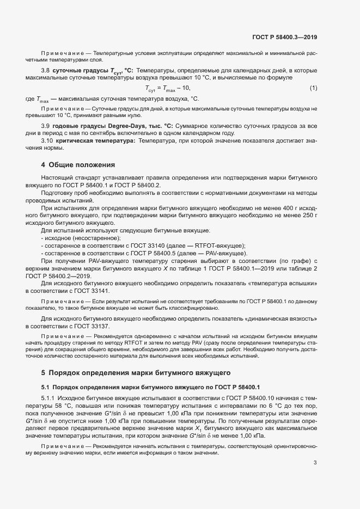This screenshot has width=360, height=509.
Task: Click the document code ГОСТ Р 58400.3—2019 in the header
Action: point(285,38)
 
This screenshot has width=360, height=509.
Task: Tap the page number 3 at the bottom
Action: point(315,463)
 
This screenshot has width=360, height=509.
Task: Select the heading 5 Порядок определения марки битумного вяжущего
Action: point(137,373)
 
